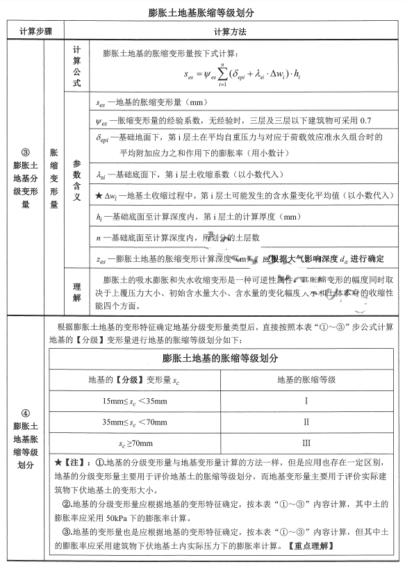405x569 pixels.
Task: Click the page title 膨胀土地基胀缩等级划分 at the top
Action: tap(202, 13)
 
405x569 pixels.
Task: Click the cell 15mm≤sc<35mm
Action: tap(135, 400)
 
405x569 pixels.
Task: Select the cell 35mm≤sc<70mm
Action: tap(135, 422)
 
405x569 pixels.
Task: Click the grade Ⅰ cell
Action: tap(306, 400)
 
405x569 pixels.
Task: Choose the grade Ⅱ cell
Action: tap(306, 422)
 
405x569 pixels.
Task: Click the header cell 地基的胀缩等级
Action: tap(306, 379)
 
